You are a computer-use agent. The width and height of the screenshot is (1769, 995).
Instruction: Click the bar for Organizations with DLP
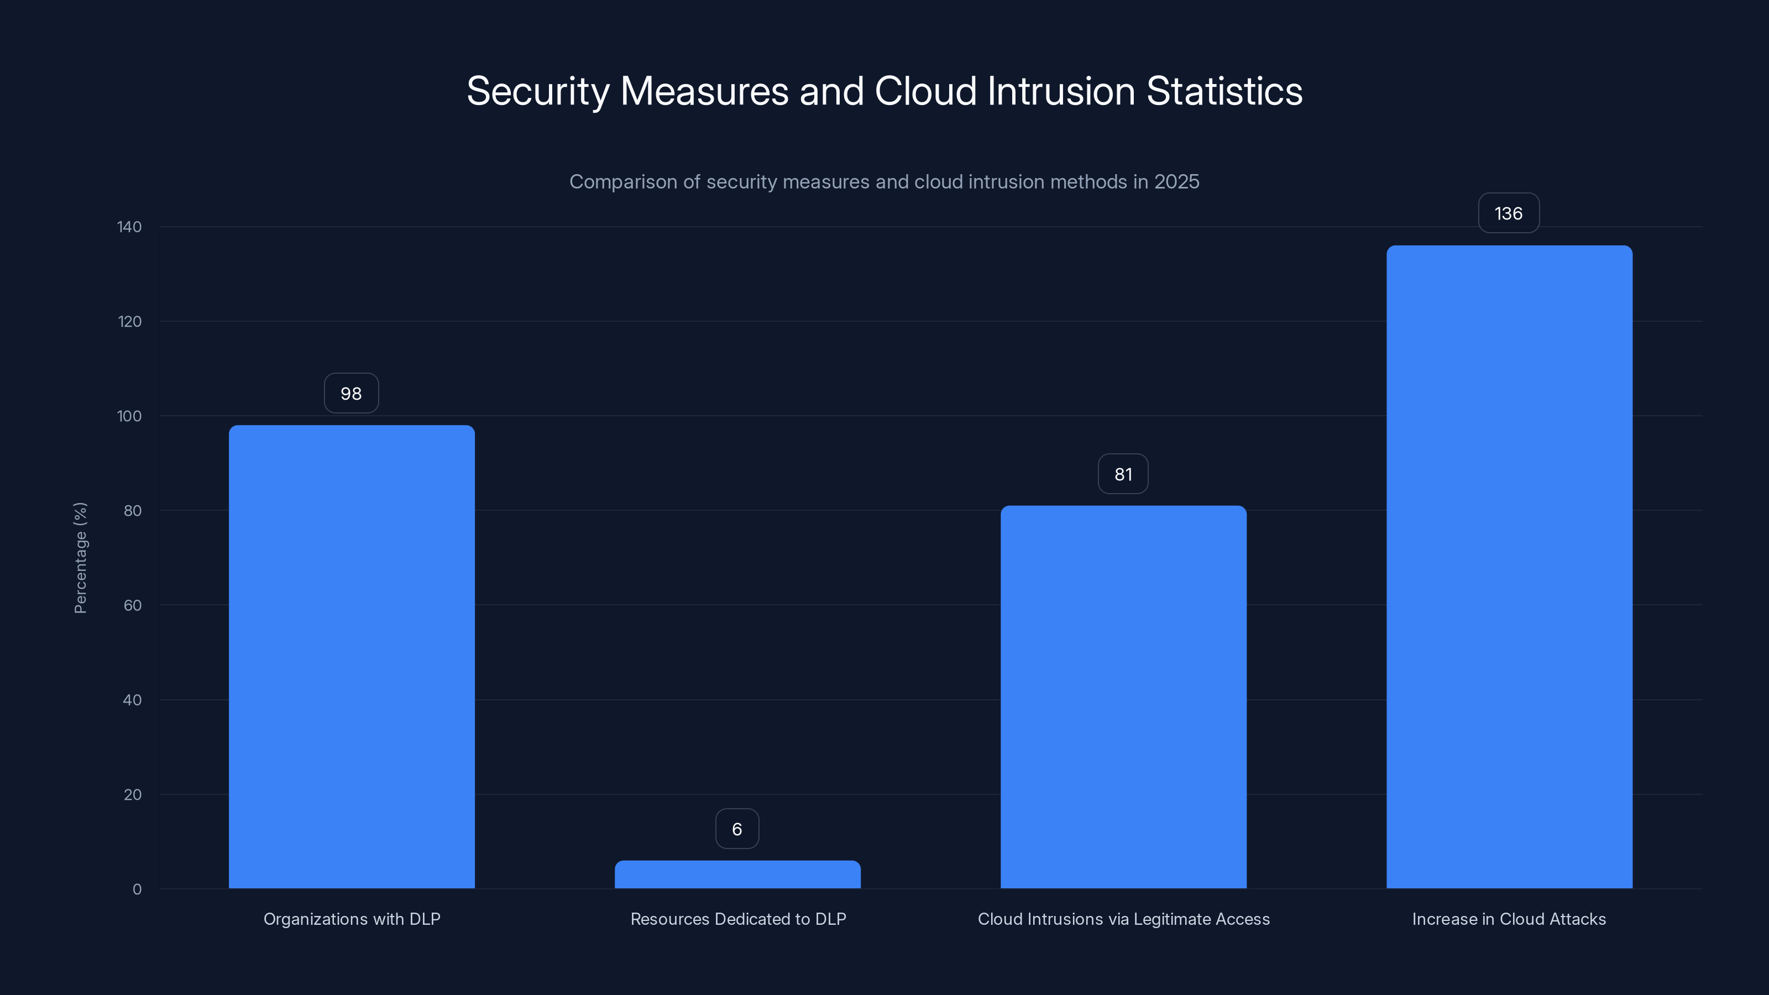[x=352, y=657]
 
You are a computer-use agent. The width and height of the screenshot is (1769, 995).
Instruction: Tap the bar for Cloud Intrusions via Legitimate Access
[x=1123, y=697]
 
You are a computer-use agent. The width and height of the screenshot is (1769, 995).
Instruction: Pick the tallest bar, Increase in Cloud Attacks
[x=1509, y=567]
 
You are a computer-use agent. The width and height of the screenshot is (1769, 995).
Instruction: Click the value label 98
[x=351, y=394]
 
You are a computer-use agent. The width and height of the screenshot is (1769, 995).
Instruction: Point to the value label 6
[x=737, y=829]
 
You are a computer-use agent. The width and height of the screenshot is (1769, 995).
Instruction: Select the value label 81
[x=1123, y=474]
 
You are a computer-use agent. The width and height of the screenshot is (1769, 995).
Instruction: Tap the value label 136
[x=1509, y=213]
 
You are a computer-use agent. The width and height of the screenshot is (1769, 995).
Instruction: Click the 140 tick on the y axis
[x=129, y=227]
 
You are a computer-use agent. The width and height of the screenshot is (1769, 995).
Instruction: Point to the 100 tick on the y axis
[x=129, y=416]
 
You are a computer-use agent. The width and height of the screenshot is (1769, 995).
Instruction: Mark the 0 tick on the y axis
[x=137, y=889]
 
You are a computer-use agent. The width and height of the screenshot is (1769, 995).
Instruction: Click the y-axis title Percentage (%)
[x=80, y=558]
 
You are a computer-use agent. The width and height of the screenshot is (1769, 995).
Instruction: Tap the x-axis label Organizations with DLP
[x=352, y=919]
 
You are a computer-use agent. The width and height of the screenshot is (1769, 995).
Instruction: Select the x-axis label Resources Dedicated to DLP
[x=738, y=919]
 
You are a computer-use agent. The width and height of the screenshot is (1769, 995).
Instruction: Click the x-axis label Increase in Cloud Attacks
[x=1509, y=919]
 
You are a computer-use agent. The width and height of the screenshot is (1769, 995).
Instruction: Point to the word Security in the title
[x=538, y=91]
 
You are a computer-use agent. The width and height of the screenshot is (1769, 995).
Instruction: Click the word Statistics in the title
[x=1224, y=91]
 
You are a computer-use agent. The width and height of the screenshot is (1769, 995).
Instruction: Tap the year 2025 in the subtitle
[x=1176, y=182]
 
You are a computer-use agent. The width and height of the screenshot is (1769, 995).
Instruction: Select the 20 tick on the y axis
[x=133, y=794]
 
